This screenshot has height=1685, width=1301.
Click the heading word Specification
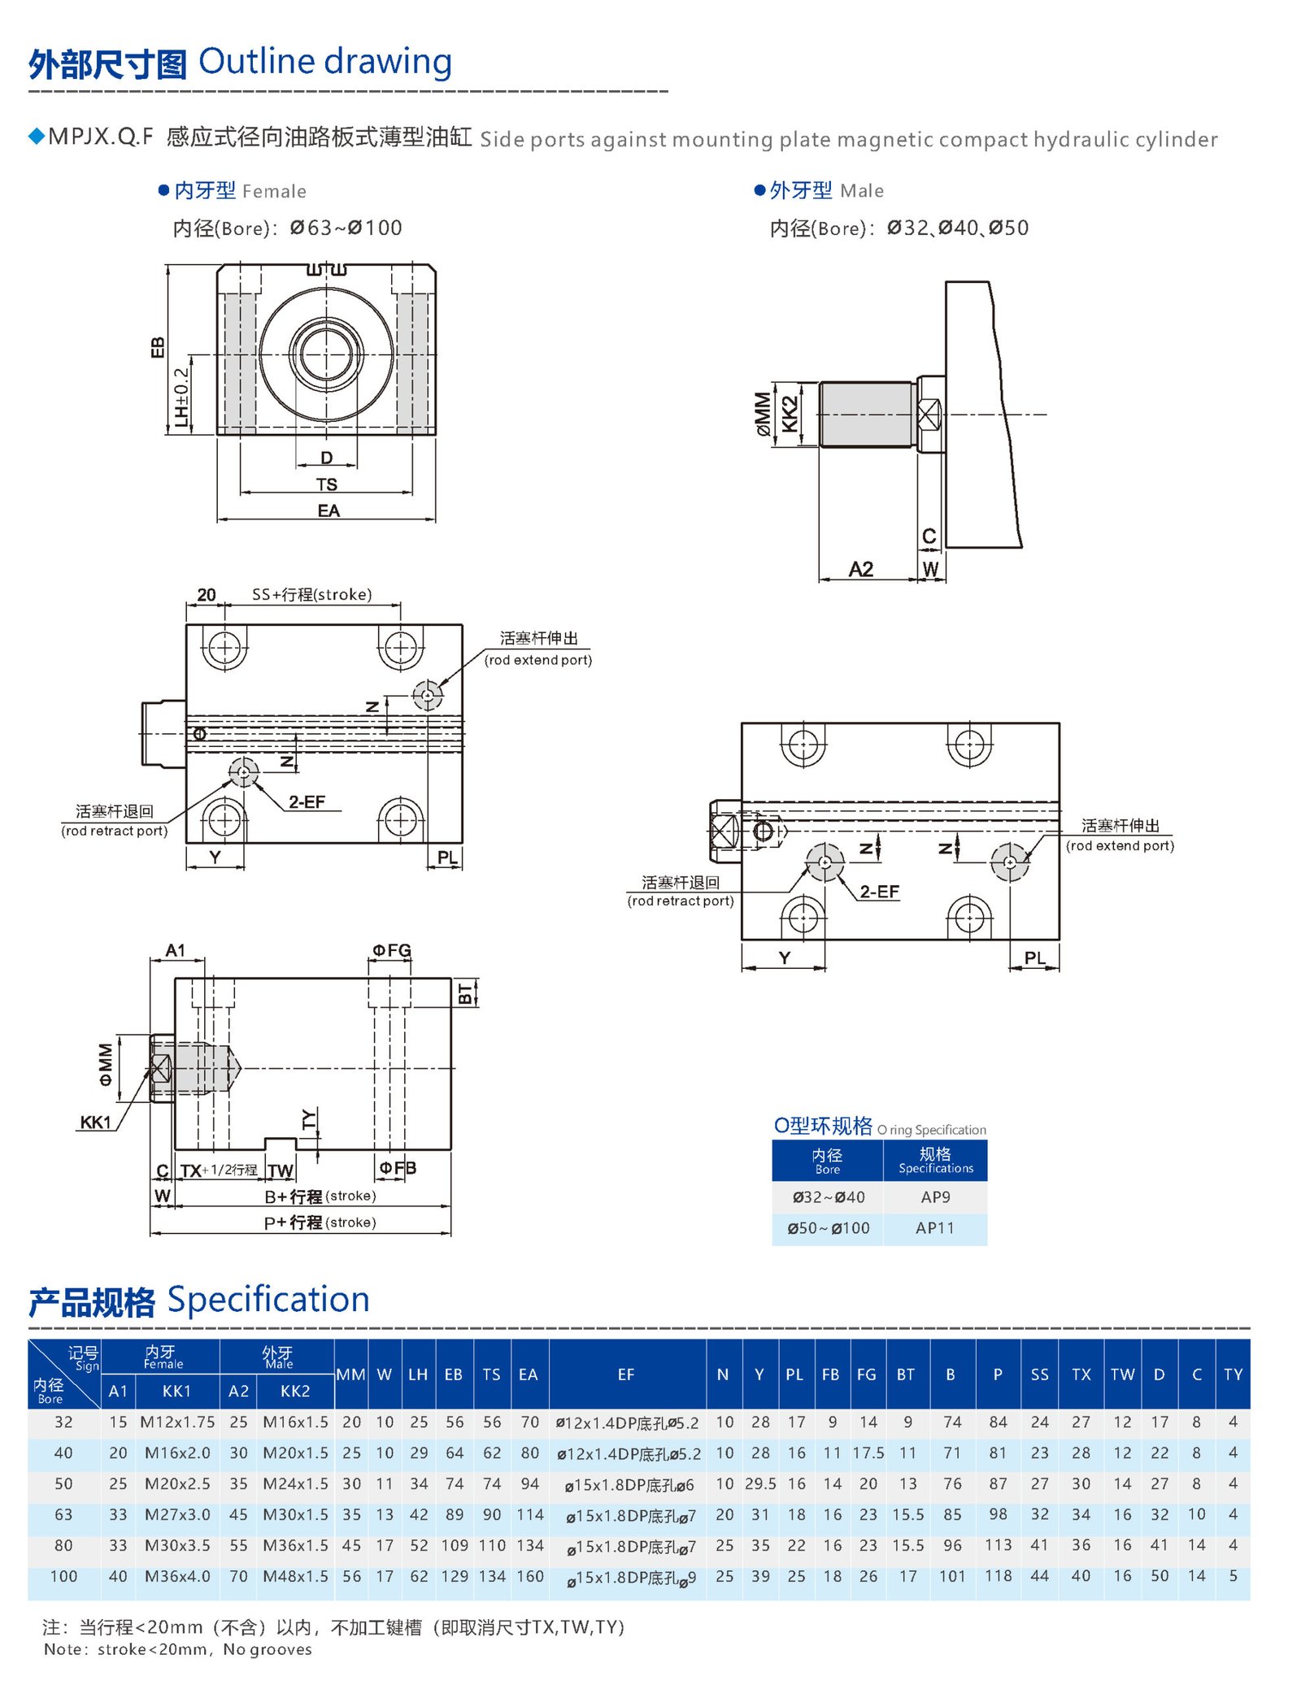pyautogui.click(x=268, y=1300)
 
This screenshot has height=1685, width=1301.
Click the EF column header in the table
pyautogui.click(x=625, y=1374)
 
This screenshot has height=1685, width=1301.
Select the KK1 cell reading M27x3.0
pyautogui.click(x=177, y=1514)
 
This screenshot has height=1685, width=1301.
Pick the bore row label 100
pyautogui.click(x=63, y=1576)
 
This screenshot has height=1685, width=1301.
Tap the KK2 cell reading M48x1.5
pyautogui.click(x=295, y=1576)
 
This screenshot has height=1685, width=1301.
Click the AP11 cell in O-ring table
pyautogui.click(x=935, y=1228)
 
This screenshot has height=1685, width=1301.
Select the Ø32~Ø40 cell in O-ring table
pyautogui.click(x=828, y=1197)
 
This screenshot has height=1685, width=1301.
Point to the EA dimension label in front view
pyautogui.click(x=329, y=510)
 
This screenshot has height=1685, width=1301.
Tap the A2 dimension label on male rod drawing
pyautogui.click(x=861, y=569)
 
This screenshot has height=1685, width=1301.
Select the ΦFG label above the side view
pyautogui.click(x=391, y=950)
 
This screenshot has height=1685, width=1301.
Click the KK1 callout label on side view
pyautogui.click(x=95, y=1123)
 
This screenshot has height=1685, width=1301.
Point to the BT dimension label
pyautogui.click(x=465, y=993)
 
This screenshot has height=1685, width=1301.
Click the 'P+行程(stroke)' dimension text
pyautogui.click(x=320, y=1222)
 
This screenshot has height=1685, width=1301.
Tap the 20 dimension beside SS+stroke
pyautogui.click(x=207, y=595)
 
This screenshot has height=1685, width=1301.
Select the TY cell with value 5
pyautogui.click(x=1233, y=1576)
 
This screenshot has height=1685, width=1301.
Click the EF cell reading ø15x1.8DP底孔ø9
pyautogui.click(x=630, y=1578)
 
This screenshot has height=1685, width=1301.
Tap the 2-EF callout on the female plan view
pyautogui.click(x=307, y=801)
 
